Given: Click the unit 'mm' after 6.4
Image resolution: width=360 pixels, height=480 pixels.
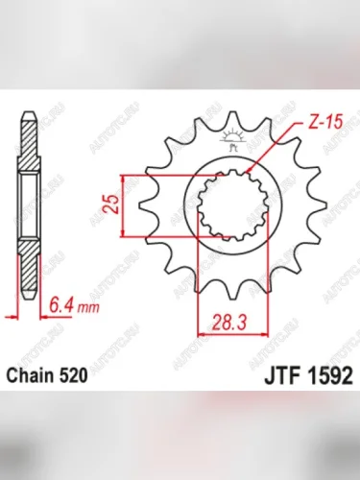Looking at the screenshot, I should tap(88, 309).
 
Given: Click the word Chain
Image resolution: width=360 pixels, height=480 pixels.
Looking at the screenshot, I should tap(31, 377).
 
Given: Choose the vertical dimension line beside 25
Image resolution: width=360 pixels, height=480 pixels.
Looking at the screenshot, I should tap(123, 204).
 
